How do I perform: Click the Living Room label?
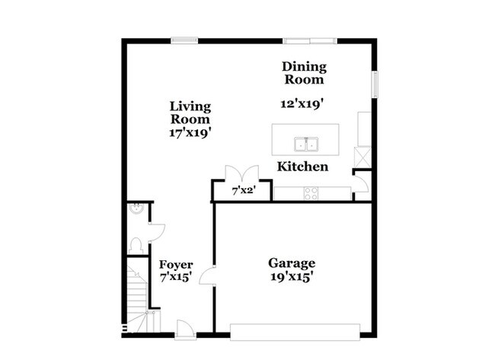(x=190, y=113)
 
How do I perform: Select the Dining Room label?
(x=304, y=72)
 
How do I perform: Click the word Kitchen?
(x=302, y=167)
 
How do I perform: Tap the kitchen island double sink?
(x=308, y=142)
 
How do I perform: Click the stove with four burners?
(x=311, y=193)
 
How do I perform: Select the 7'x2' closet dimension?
(x=243, y=192)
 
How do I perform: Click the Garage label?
(x=291, y=263)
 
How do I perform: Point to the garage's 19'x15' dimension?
(x=291, y=277)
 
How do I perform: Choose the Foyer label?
(x=175, y=265)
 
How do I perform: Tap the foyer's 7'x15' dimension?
(x=175, y=279)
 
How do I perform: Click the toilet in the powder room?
(x=135, y=245)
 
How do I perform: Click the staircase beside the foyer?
(x=136, y=293)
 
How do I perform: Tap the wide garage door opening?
(x=294, y=331)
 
